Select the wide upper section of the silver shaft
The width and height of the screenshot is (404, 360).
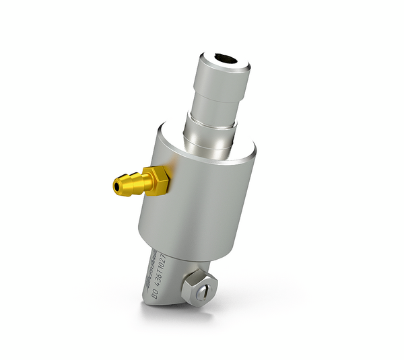click(222, 81)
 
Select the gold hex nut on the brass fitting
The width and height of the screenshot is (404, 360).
click(158, 179)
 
